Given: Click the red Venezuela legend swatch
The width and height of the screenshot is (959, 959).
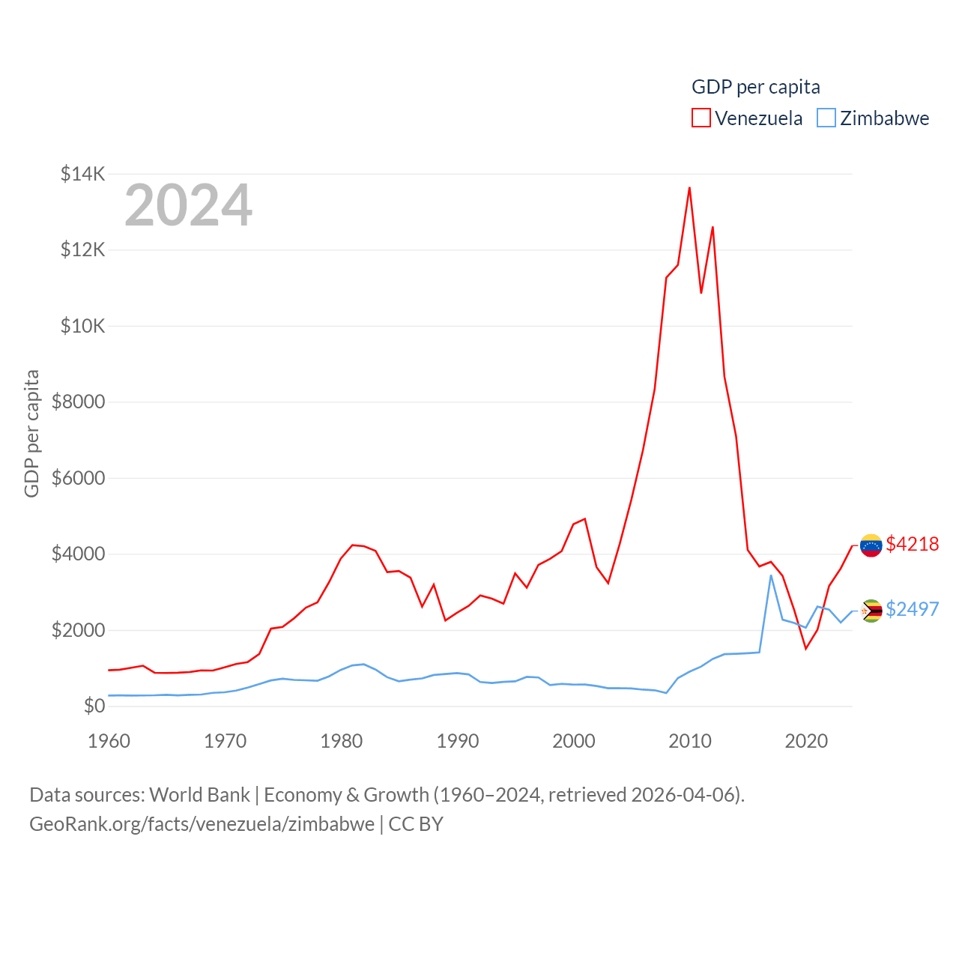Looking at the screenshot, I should [701, 118].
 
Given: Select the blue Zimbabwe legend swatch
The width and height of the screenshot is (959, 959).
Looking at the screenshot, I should [826, 118].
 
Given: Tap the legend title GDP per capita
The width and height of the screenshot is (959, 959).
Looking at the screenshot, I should [755, 87].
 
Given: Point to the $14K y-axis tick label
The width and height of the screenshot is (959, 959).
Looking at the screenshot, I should [82, 174].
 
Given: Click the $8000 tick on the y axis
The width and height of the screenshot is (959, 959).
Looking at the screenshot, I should [78, 402].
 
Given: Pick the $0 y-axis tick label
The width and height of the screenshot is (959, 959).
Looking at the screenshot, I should [94, 706].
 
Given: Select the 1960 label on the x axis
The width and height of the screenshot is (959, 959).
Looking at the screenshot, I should [109, 741].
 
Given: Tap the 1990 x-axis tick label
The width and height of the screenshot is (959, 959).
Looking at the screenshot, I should [457, 741].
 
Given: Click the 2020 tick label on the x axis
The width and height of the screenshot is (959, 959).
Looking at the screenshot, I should [805, 741].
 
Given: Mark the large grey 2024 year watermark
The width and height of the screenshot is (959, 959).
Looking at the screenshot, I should [188, 205].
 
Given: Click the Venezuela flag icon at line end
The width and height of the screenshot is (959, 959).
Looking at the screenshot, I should [871, 545].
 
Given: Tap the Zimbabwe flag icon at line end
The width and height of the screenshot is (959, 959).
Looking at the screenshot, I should [871, 611].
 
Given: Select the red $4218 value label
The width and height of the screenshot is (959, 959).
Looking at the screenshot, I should [912, 544].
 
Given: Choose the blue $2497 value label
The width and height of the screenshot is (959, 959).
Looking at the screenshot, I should [912, 609].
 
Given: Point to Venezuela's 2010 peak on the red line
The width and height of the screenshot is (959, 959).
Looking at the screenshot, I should [689, 188].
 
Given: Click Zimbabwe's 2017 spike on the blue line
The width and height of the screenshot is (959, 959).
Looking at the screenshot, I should [771, 575].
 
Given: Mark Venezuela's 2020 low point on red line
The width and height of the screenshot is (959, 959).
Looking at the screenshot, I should [805, 648].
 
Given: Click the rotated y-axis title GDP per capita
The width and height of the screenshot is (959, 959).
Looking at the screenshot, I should [31, 433].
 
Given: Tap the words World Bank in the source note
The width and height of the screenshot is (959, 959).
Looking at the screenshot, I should [199, 795].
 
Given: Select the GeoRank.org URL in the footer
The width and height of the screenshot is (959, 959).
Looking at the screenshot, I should [202, 824].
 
